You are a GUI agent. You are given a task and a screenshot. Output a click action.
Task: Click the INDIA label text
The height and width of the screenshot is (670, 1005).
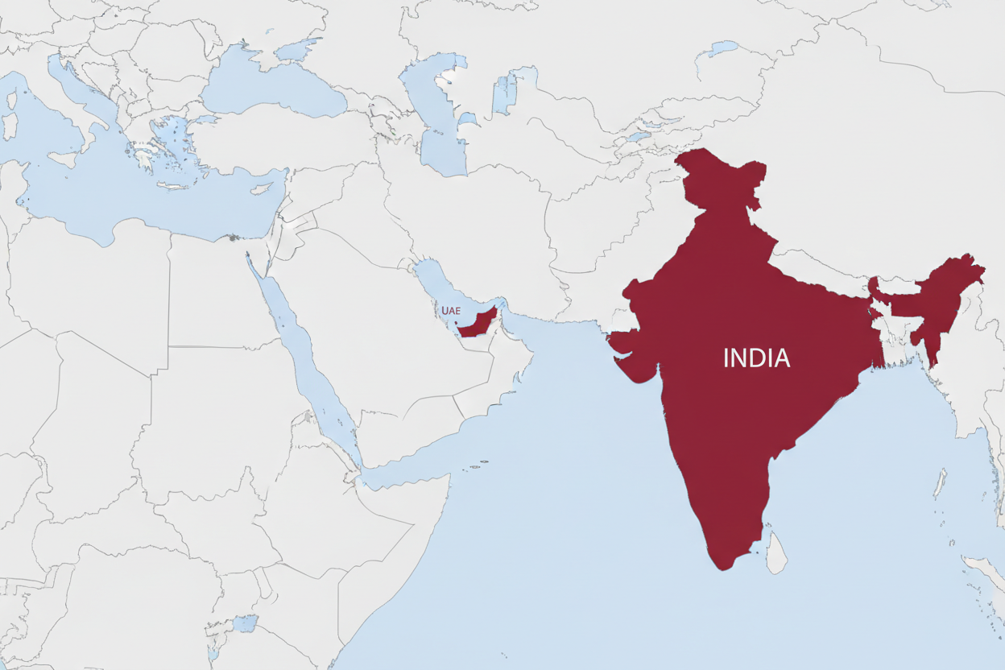coord(756,358)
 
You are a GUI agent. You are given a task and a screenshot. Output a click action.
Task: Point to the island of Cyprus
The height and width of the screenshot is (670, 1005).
coord(261,189)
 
